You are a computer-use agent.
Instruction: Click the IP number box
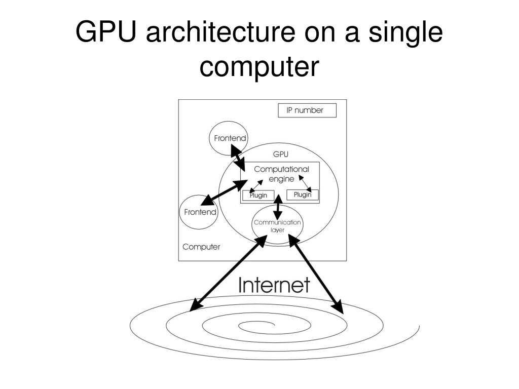(307, 110)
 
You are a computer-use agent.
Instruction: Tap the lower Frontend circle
(200, 212)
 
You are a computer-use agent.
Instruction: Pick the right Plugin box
(303, 194)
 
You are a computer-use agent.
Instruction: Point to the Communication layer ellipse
(277, 226)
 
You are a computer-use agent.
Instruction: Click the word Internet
(274, 285)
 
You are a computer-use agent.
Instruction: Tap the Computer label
(201, 247)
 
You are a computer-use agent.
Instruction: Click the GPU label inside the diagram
(280, 154)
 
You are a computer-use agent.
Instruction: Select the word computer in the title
(259, 66)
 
